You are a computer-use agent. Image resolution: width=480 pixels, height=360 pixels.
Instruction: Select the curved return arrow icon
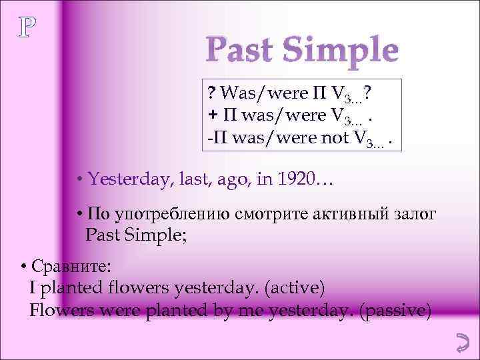click(x=459, y=343)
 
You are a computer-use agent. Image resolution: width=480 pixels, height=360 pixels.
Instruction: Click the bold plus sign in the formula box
click(x=211, y=115)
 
